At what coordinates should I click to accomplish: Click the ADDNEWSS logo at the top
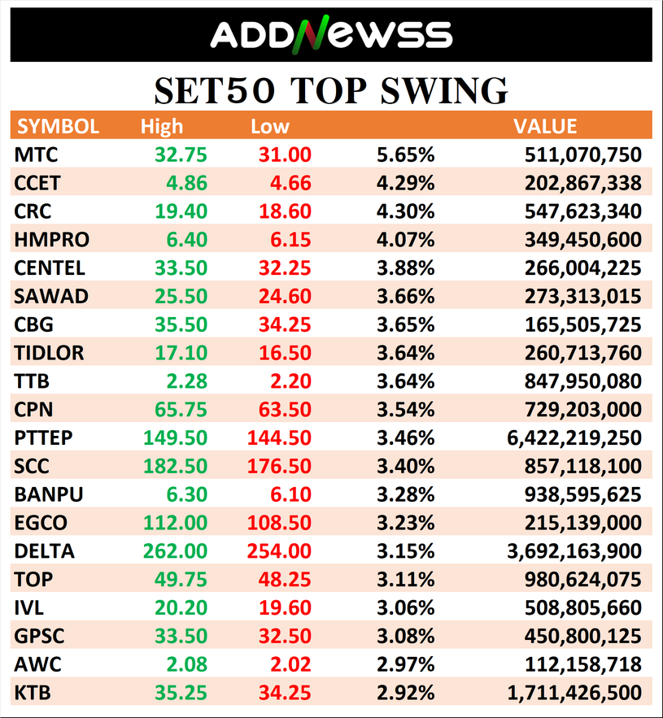pos(331,34)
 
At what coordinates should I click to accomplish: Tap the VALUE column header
pos(545,126)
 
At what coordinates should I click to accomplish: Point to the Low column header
pos(270,126)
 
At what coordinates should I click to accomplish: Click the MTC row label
pos(37,154)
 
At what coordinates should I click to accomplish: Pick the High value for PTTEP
pos(176,437)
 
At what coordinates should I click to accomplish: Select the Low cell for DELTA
pos(279,550)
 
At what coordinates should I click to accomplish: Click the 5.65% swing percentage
pos(405,154)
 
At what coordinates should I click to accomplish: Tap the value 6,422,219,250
pos(574,437)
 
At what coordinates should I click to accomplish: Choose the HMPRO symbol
pos(52,239)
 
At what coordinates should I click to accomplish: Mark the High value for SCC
pos(176,466)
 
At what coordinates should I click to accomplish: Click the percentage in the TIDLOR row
pos(405,352)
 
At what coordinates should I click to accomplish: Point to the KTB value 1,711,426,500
pos(574,692)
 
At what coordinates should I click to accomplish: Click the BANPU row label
pos(49,494)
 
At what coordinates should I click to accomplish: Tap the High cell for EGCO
pos(176,522)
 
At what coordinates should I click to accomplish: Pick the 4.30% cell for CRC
pos(405,211)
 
